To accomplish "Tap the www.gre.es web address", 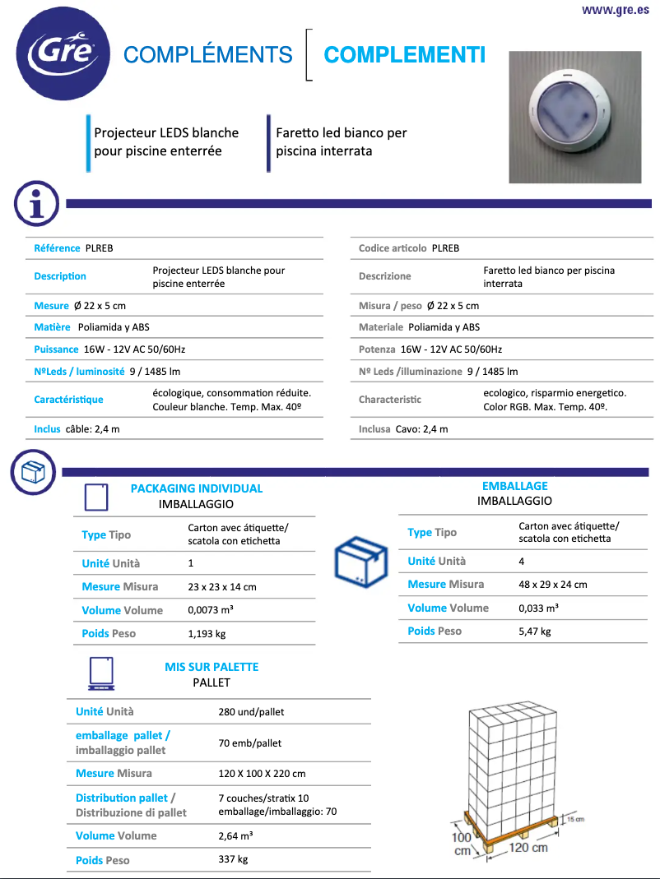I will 615,10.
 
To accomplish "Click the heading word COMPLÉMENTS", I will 207,55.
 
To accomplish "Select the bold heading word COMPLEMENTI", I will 404,55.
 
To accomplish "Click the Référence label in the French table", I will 57,248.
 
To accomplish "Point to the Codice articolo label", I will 393,248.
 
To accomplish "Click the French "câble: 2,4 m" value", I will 93,429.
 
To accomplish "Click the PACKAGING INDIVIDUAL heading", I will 197,488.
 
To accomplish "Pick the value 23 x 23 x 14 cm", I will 222,587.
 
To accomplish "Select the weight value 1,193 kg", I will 207,634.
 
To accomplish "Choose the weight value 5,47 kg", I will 535,631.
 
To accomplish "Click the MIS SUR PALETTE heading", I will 211,667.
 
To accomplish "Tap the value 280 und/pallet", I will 251,712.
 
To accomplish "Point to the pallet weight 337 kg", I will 233,859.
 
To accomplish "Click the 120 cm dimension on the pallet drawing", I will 528,848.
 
